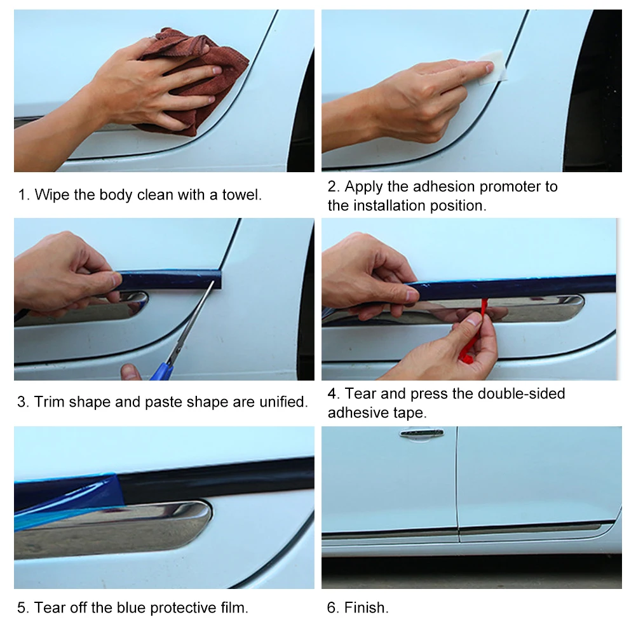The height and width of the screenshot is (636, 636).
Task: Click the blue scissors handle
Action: (162, 372)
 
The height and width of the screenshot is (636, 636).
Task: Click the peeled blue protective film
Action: (67, 503)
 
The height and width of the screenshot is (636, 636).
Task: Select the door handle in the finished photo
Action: (422, 433)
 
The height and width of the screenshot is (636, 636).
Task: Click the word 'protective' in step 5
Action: (184, 608)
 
